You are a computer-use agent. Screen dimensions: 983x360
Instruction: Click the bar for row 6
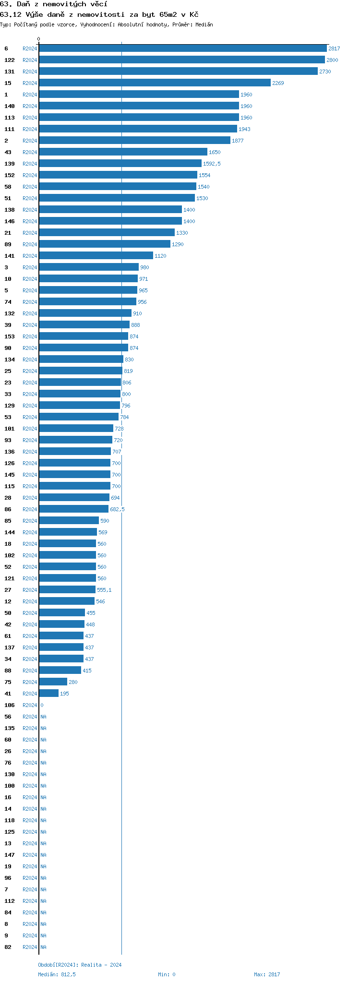tap(182, 48)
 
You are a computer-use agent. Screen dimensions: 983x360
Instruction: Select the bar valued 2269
tap(155, 83)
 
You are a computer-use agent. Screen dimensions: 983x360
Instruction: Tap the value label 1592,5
tap(212, 164)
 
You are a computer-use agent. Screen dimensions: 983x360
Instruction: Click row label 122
tap(10, 60)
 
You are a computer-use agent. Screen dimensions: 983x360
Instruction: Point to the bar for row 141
tap(96, 256)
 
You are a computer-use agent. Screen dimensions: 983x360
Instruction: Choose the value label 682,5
tap(117, 509)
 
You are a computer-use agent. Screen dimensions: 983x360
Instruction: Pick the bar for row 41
tap(48, 694)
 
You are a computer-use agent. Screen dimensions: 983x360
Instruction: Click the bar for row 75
tap(53, 682)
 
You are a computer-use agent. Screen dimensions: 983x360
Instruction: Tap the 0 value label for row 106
tap(42, 705)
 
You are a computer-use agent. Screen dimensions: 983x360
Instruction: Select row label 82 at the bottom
tap(8, 947)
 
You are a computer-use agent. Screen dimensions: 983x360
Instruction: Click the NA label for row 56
tap(43, 717)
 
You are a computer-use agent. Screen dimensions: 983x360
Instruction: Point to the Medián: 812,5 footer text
tap(57, 974)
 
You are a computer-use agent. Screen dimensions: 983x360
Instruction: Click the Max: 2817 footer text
tap(267, 974)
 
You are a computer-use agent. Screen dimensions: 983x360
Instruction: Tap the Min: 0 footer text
tap(167, 974)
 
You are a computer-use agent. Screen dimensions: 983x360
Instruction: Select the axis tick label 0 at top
tap(39, 39)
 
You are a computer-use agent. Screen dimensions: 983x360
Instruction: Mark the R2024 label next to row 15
tap(30, 83)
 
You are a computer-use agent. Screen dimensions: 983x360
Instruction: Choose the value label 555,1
tap(104, 590)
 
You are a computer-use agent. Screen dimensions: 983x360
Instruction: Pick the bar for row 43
tap(123, 152)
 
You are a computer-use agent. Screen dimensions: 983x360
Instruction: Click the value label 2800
tap(332, 60)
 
